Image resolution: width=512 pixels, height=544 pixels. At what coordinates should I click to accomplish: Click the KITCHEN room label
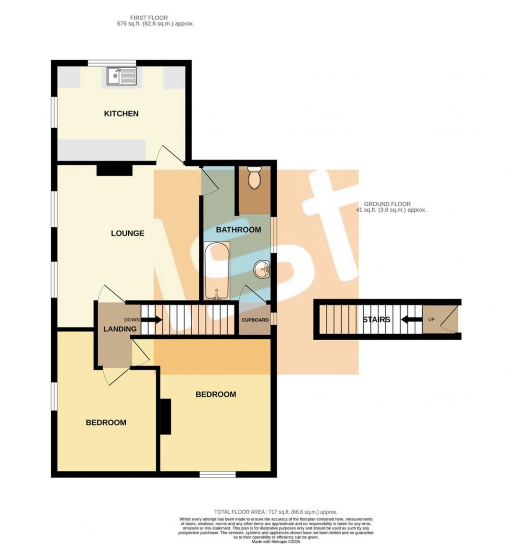click(x=121, y=114)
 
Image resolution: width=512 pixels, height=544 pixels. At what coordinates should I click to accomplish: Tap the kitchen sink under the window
click(x=121, y=77)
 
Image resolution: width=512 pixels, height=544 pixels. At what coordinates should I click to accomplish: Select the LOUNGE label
click(x=127, y=233)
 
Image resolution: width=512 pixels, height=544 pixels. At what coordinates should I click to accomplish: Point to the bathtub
click(x=217, y=270)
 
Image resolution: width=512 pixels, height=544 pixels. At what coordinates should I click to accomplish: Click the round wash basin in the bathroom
click(x=262, y=270)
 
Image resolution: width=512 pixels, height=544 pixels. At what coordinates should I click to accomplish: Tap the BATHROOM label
click(x=238, y=230)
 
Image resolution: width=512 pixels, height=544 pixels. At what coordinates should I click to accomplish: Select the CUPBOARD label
click(x=255, y=320)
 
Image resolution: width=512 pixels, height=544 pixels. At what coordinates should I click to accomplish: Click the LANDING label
click(x=120, y=329)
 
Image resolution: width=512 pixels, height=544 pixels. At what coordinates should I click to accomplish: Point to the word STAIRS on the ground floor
click(x=377, y=319)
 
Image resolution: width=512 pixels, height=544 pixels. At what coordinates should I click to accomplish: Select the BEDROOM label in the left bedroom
click(x=106, y=423)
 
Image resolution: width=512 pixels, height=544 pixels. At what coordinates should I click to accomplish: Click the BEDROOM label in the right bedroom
click(x=215, y=394)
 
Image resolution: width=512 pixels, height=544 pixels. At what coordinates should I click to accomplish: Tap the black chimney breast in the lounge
click(x=114, y=171)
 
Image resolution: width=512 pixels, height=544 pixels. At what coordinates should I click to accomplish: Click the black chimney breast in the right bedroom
click(x=165, y=416)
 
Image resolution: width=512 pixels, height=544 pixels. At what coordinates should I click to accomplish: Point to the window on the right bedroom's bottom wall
click(x=217, y=474)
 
